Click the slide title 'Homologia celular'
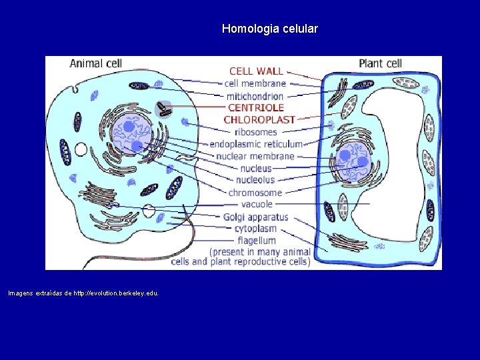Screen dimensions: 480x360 tap(270, 29)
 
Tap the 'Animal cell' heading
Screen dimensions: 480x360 tap(96, 64)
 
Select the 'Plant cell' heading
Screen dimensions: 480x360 tap(380, 64)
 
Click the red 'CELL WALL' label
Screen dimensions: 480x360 tap(256, 71)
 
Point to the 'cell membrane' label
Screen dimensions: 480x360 tap(255, 83)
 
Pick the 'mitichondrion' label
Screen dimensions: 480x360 tap(254, 95)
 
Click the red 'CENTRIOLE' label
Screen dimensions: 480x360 tap(256, 107)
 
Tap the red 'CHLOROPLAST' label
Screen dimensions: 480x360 tap(259, 120)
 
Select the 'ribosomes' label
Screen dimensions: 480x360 tap(255, 132)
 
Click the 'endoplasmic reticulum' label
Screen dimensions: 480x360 tap(256, 144)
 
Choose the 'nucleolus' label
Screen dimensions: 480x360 tap(255, 180)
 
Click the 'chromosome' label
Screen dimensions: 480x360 tap(255, 193)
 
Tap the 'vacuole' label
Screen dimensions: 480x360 tap(257, 205)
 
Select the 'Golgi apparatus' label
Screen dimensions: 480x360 tap(255, 217)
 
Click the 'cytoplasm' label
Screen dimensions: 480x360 tap(255, 229)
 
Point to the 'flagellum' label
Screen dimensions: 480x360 tap(255, 240)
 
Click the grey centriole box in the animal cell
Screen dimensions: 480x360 tap(163, 109)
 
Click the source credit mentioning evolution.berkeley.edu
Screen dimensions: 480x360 tap(83, 293)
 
